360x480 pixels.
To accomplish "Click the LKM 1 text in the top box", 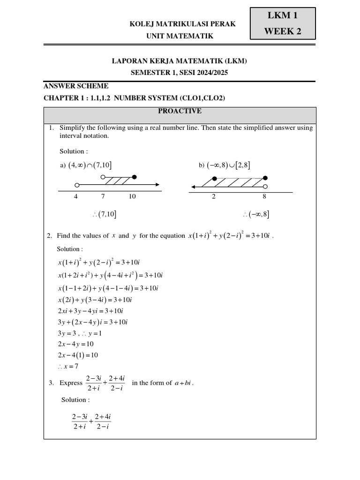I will coord(282,15).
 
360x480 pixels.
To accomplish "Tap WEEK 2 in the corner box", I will coord(282,32).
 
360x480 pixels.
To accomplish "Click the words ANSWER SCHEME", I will coord(76,86).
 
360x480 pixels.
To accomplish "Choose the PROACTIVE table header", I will coord(180,111).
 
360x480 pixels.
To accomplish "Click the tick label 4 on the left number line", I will coord(76,196).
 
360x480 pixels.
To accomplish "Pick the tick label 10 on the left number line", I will coord(132,196).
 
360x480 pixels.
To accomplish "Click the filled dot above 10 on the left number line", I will coord(135,177).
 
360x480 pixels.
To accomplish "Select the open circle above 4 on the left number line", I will coord(77,185).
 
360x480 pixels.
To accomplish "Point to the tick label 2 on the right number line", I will coord(214,196).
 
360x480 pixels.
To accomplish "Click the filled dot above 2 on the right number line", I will coord(215,179).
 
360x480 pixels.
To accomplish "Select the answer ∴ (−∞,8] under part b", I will coord(256,215).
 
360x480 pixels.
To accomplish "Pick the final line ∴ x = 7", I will coord(68,366).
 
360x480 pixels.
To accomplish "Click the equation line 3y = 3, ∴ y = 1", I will coord(79,333).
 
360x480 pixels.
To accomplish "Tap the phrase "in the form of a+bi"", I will coord(163,383).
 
